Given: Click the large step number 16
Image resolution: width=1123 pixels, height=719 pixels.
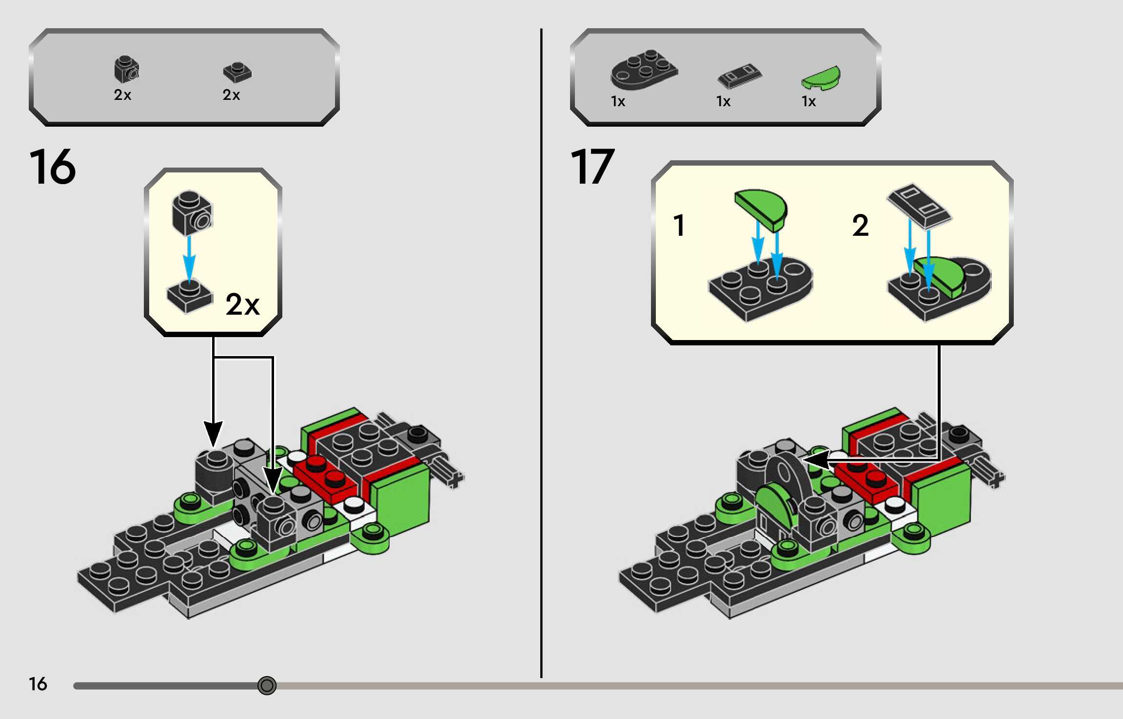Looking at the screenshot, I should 53,167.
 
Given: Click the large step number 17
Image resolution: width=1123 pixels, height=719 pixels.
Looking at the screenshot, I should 592,167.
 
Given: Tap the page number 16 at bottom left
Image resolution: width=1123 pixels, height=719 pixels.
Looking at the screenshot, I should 38,684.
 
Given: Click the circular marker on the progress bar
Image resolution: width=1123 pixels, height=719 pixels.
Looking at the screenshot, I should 267,685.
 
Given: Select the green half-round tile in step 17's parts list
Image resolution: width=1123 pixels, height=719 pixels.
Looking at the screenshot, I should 822,78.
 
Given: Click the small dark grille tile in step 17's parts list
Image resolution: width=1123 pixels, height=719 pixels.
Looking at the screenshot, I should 739,77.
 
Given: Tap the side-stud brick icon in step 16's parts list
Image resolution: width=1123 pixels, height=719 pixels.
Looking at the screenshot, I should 126,69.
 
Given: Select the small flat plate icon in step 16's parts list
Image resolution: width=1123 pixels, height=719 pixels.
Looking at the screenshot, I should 237,72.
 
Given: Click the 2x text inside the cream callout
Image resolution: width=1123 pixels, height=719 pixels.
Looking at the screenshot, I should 242,305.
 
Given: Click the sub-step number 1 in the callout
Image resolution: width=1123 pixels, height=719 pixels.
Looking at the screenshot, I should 679,226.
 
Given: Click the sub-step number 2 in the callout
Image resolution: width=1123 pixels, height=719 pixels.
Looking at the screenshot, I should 860,226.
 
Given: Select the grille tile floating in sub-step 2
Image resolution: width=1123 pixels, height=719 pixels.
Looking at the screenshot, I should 919,205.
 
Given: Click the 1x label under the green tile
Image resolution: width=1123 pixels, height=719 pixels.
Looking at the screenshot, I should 808,101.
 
